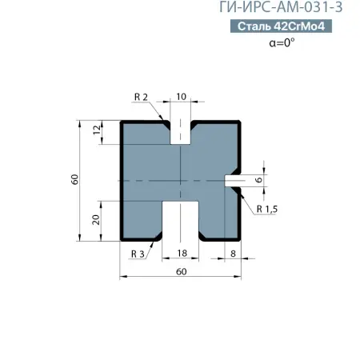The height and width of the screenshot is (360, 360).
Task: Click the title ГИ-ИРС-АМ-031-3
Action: click(285, 8)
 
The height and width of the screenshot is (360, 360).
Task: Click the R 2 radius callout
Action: click(142, 97)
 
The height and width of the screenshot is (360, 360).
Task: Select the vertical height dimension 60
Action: click(74, 180)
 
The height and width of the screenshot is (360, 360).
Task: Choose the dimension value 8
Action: click(233, 253)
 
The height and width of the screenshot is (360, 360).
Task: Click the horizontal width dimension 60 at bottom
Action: click(181, 272)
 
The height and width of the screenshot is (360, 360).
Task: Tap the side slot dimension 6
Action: click(259, 180)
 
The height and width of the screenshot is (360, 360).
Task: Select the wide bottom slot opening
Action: click(181, 220)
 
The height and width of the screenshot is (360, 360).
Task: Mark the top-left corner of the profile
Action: click(122, 122)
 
